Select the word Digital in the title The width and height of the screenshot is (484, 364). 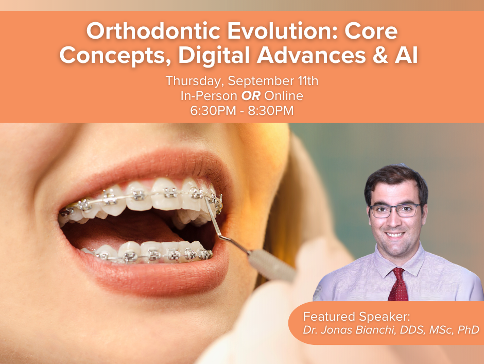click(214, 56)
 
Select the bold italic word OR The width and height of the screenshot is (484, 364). click(251, 96)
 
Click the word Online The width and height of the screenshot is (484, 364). click(284, 96)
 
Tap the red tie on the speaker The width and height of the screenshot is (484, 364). click(399, 285)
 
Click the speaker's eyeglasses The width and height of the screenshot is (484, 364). click(395, 210)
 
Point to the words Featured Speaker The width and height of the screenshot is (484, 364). click(356, 317)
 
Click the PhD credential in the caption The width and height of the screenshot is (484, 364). click(468, 329)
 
